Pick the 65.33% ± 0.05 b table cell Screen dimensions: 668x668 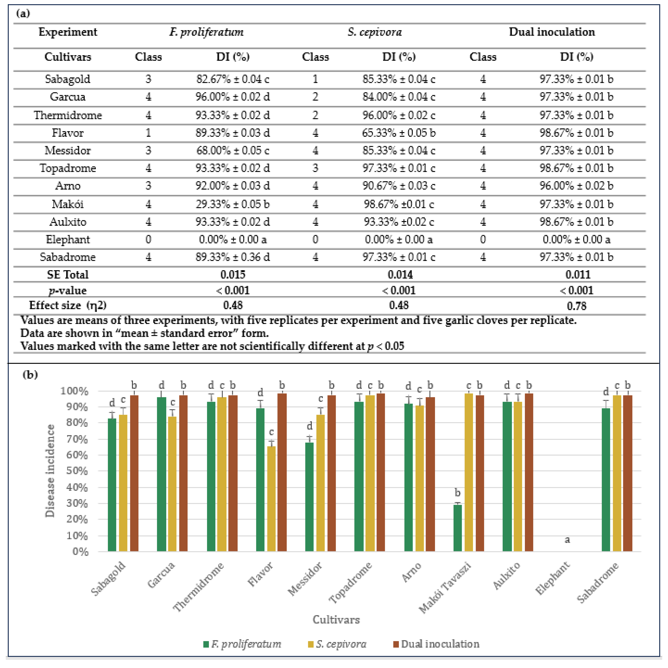pyautogui.click(x=399, y=133)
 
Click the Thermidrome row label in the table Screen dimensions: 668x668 pyautogui.click(x=68, y=115)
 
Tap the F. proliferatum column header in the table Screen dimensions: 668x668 pyautogui.click(x=206, y=32)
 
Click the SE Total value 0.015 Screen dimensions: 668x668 pyautogui.click(x=233, y=275)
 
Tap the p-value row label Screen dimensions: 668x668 pyautogui.click(x=68, y=290)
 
